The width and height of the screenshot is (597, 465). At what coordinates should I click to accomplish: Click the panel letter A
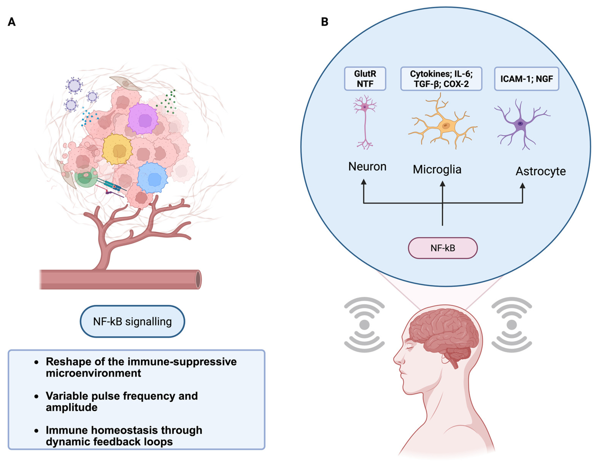(x=12, y=22)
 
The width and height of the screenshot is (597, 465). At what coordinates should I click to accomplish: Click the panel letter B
(x=324, y=22)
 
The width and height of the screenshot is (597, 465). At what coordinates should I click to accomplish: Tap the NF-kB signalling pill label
(x=132, y=322)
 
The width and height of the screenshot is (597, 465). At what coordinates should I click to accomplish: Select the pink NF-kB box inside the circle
(x=442, y=248)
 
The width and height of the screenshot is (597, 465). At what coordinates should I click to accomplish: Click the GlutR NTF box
(x=365, y=79)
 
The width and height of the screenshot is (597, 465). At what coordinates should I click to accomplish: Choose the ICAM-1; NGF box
(x=527, y=79)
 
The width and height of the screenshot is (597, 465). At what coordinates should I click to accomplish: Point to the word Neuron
(x=367, y=167)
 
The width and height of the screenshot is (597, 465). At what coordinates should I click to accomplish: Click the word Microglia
(x=437, y=169)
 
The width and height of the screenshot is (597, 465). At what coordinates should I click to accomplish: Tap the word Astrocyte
(x=540, y=171)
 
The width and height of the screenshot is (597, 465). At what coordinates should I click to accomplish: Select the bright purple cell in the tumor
(x=143, y=119)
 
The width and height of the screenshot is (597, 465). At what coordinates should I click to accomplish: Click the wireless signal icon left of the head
(x=364, y=325)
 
